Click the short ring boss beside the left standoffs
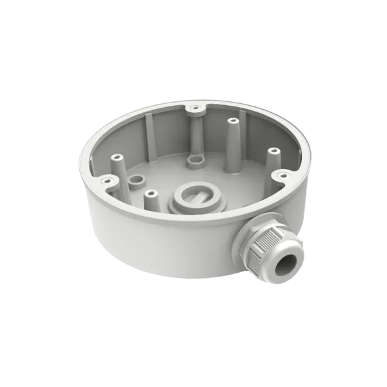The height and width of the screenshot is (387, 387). tap(135, 180)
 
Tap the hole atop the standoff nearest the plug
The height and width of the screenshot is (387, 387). tap(150, 193)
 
